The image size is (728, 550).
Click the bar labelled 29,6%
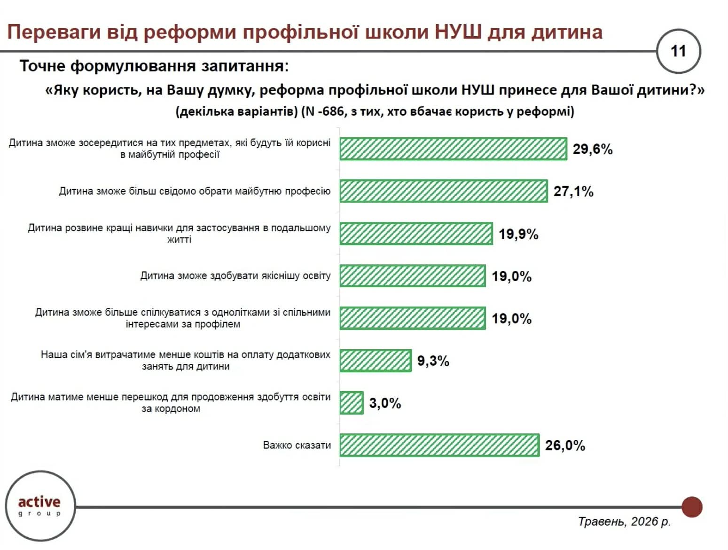click(x=453, y=149)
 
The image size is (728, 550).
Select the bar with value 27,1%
click(x=444, y=191)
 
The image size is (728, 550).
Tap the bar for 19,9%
click(x=416, y=234)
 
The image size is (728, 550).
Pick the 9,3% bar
click(x=376, y=361)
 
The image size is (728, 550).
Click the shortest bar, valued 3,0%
click(x=351, y=403)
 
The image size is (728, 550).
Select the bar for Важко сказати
click(x=439, y=445)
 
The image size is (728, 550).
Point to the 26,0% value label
click(x=565, y=445)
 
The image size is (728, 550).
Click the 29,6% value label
click(x=592, y=149)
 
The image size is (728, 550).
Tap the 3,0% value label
click(x=385, y=403)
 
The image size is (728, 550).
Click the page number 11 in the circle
click(x=678, y=51)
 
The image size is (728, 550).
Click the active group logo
click(x=40, y=505)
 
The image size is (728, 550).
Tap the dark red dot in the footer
click(x=692, y=507)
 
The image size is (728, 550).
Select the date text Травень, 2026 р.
click(x=624, y=521)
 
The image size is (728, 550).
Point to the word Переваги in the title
click(x=54, y=32)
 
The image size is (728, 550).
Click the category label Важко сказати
click(x=297, y=445)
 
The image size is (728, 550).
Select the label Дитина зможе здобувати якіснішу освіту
click(x=235, y=275)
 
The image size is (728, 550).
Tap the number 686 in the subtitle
click(x=333, y=111)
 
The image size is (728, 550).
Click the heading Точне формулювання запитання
click(x=154, y=66)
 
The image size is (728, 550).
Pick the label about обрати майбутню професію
click(x=195, y=191)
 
